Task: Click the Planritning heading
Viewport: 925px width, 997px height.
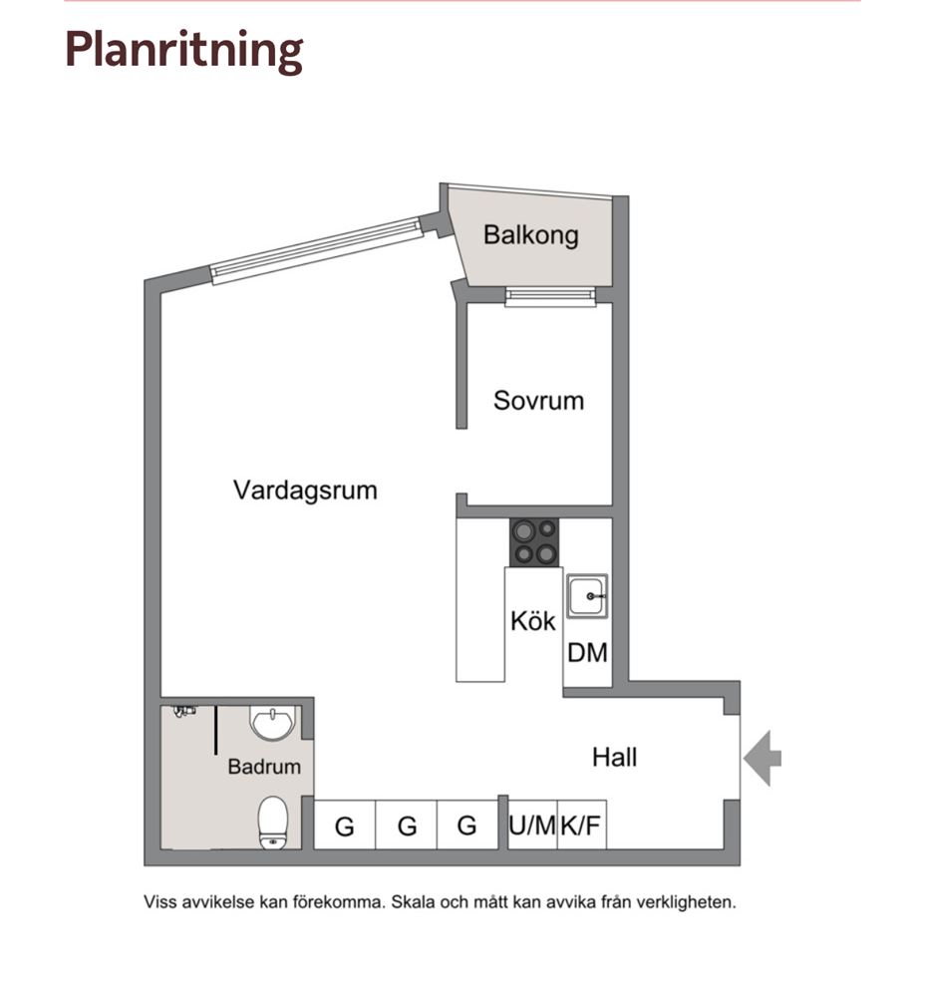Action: point(183,50)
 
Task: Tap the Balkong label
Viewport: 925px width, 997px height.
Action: point(531,235)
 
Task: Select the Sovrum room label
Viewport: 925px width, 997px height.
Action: point(538,401)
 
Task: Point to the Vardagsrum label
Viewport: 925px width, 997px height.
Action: point(305,491)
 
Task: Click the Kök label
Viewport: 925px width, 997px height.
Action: point(532,620)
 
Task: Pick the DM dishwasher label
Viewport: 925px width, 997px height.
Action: point(587,652)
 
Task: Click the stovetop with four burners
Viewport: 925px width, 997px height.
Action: point(534,541)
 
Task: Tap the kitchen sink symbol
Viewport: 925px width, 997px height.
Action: point(587,596)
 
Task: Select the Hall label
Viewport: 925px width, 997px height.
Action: point(614,758)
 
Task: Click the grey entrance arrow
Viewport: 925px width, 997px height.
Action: point(762,758)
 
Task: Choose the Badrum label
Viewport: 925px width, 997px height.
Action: point(264,766)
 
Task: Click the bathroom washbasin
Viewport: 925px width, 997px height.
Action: point(273,723)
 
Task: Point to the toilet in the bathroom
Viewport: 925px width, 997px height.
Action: point(273,822)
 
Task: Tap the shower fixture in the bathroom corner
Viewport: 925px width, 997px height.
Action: point(184,711)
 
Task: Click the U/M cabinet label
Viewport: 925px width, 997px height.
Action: point(532,826)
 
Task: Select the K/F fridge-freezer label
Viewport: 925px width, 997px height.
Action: point(580,826)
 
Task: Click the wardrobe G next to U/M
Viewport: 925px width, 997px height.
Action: point(466,826)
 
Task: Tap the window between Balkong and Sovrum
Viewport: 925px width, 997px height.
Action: point(550,296)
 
